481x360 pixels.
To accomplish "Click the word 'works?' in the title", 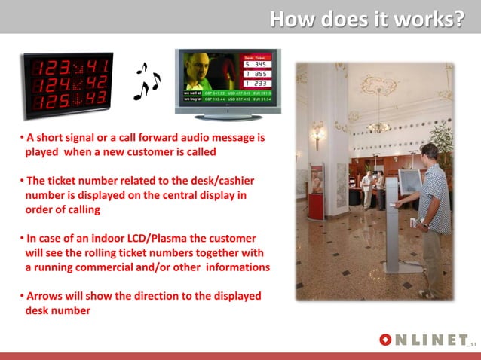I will coord(432,18).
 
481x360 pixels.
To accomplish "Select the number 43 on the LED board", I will coord(95,99).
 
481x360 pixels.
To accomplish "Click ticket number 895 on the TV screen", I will coord(261,74).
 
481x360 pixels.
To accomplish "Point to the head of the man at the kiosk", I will coord(428,152).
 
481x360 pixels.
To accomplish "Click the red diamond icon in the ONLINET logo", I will coord(385,340).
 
